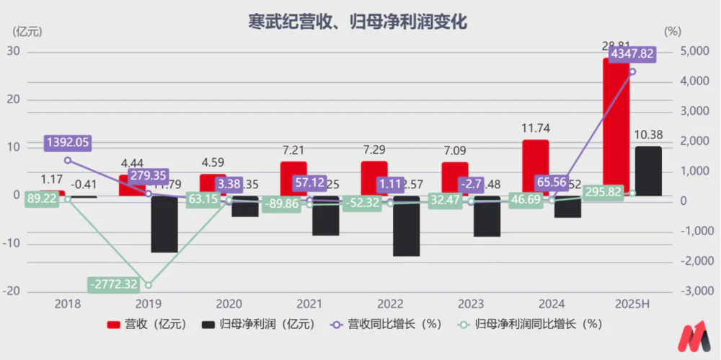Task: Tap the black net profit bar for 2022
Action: click(x=406, y=226)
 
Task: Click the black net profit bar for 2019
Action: click(x=164, y=224)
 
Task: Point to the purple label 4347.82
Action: click(x=632, y=54)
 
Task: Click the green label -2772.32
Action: click(x=114, y=284)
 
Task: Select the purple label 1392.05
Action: click(x=67, y=142)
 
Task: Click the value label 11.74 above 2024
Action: click(x=535, y=128)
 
